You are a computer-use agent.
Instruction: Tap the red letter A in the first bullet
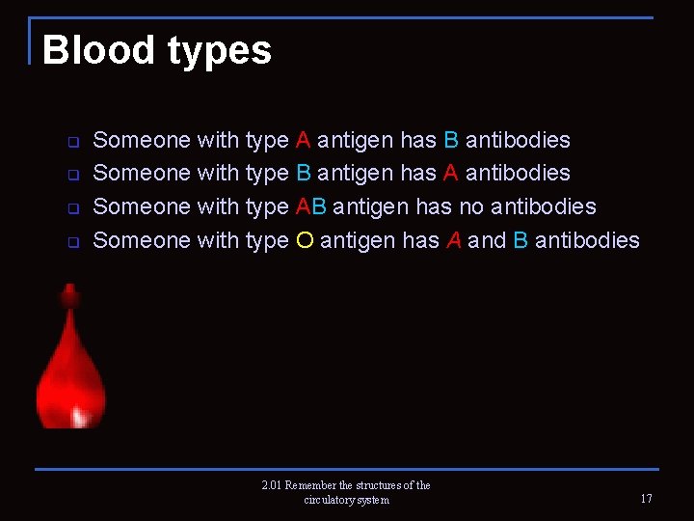tap(303, 140)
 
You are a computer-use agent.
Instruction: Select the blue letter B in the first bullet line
tap(451, 140)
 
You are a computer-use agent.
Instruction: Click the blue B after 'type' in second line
tap(303, 174)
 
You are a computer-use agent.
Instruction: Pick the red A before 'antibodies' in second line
tap(451, 174)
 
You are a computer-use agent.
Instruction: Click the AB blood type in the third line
tap(311, 206)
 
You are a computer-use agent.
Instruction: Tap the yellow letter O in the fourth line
tap(304, 240)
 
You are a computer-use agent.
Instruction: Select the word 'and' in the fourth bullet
tap(487, 240)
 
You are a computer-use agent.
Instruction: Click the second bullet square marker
tap(72, 176)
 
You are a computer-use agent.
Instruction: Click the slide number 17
tap(646, 499)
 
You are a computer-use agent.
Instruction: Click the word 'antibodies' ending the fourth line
tap(587, 240)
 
